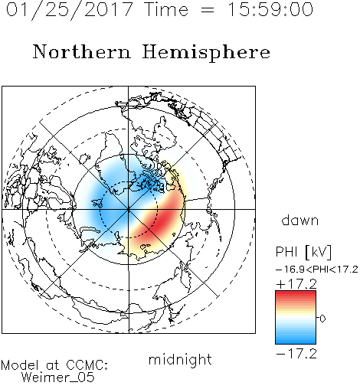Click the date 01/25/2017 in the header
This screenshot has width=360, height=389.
pos(70,10)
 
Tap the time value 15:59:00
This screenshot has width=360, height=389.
pos(270,9)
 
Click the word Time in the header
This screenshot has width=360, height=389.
pos(166,9)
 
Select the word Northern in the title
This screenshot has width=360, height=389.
pos(82,51)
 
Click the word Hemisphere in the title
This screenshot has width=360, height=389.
pos(206,53)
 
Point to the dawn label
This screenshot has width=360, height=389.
pos(299,220)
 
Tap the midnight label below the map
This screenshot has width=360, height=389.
pos(180,360)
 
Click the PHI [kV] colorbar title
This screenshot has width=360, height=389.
pos(303,252)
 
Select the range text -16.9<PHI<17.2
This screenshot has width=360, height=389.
pos(317,270)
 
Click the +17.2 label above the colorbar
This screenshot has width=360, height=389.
pos(296,284)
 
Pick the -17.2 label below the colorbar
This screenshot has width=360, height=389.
pos(296,354)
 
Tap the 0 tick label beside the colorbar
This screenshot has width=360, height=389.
pos(322,319)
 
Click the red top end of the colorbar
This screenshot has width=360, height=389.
pos(296,293)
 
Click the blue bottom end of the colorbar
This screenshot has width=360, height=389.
pos(296,341)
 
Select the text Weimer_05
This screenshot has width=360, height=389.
pos(58,378)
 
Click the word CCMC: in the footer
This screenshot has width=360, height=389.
pos(87,365)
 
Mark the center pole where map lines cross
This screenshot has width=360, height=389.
pos(129,210)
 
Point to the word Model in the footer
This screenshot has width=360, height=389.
pos(20,365)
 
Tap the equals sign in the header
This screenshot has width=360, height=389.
pos(207,11)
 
